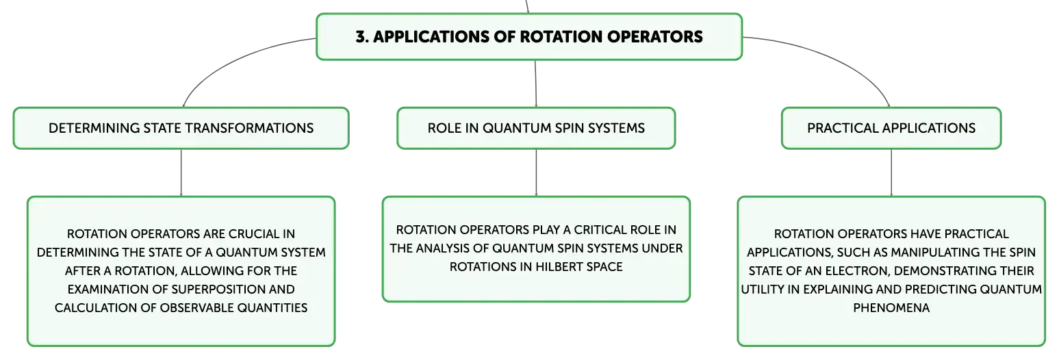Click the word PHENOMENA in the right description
pos(891,307)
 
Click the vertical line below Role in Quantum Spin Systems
pos(536,172)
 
